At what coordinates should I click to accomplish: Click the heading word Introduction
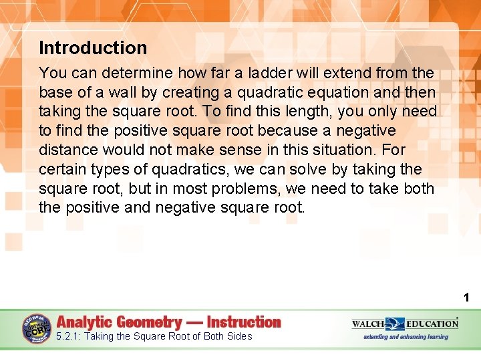(x=93, y=48)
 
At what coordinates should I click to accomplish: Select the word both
(x=419, y=189)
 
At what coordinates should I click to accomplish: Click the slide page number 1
(x=467, y=297)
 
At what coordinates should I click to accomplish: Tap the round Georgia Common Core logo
(x=36, y=329)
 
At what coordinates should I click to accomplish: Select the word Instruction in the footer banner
(x=244, y=322)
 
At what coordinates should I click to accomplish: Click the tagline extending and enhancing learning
(x=406, y=337)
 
